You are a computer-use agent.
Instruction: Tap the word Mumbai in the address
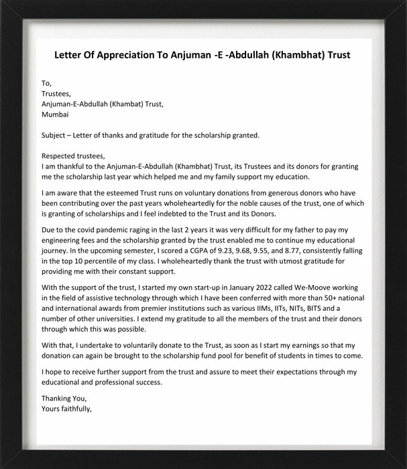(55, 115)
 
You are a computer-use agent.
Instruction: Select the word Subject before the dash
(56, 135)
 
